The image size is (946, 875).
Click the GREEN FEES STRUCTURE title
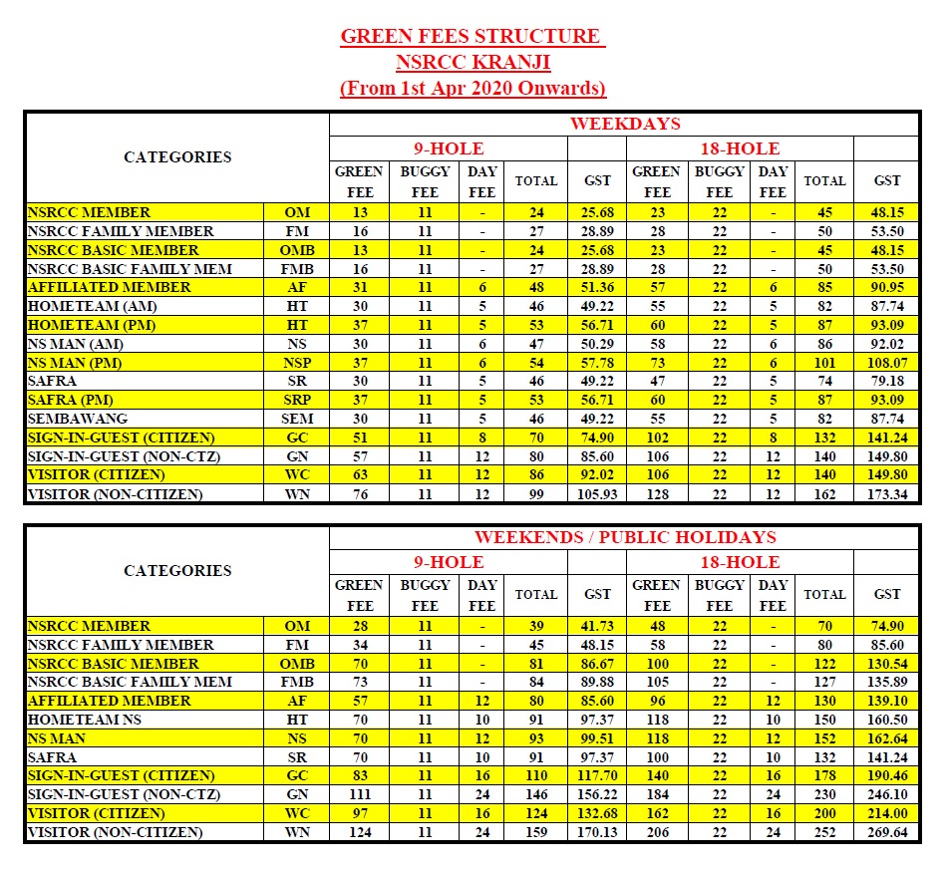tap(473, 37)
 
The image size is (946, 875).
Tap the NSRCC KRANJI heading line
tap(473, 62)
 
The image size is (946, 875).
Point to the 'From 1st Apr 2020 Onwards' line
tap(473, 88)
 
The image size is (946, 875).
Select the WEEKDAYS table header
tap(624, 125)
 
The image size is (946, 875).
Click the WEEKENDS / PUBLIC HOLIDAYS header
tap(624, 538)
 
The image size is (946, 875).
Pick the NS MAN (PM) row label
tap(76, 363)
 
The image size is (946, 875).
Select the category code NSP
tap(297, 363)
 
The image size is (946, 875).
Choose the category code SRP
tap(297, 400)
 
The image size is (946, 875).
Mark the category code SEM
tap(297, 419)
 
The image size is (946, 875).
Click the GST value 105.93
tap(597, 494)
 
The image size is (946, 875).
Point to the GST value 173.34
tap(886, 494)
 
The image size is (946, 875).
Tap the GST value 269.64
tap(886, 832)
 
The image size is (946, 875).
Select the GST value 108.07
tap(886, 363)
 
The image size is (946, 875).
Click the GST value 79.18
tap(886, 382)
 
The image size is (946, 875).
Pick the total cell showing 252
tap(824, 832)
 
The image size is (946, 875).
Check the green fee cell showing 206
tap(656, 832)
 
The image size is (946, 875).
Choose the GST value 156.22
tap(597, 794)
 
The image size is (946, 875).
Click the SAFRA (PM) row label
tap(71, 400)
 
